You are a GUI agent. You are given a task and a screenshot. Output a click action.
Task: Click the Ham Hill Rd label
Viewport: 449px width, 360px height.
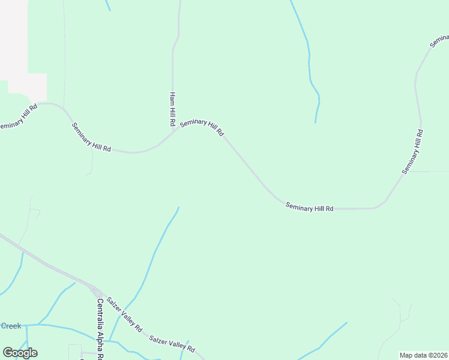coord(172,109)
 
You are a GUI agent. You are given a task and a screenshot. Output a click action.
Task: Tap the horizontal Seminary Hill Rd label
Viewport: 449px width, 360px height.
coord(309,208)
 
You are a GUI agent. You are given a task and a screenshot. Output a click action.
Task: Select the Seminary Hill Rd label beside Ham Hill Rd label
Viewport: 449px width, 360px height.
coord(202,127)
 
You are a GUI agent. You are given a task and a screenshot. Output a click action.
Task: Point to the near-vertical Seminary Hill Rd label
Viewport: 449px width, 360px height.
coord(413,152)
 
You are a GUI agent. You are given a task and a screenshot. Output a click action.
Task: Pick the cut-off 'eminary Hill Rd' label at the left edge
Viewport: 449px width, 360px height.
coord(19,118)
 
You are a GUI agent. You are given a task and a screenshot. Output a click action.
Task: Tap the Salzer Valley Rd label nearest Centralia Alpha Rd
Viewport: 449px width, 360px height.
coord(124,315)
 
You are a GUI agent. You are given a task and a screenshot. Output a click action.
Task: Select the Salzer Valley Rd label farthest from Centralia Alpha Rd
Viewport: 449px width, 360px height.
coord(172,344)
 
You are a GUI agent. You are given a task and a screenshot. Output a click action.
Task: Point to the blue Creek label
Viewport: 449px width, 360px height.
coord(11,326)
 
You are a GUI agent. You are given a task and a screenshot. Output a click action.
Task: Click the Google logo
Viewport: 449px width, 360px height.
coord(20,353)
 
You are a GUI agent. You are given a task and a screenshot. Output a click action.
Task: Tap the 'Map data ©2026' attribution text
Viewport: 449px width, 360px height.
coord(424,355)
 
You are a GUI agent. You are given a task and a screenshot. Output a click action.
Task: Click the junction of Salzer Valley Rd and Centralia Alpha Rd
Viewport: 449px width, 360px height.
coord(97,290)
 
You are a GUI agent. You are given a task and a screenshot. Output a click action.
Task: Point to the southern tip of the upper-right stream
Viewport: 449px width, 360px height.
coord(315,122)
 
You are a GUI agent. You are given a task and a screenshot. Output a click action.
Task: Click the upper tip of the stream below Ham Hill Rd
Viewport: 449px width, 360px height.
coord(178,208)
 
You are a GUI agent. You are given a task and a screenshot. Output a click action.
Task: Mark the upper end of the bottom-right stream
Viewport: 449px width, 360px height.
coord(346,323)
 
